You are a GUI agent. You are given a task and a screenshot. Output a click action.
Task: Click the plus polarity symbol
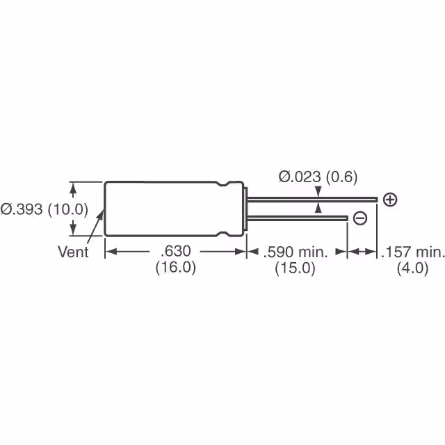390,200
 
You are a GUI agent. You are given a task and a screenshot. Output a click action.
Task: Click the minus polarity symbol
359,218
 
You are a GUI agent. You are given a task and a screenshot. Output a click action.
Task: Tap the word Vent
73,252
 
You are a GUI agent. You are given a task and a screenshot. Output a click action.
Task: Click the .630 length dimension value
175,252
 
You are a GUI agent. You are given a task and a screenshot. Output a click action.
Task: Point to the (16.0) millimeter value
175,268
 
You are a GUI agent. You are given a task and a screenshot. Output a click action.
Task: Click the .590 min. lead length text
296,252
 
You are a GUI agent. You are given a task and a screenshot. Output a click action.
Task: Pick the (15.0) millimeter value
296,268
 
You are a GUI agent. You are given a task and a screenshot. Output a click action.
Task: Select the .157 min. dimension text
412,252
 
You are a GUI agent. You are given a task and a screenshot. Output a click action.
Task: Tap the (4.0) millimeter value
412,268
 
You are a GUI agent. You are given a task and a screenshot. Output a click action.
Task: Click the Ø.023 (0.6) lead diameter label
318,177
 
